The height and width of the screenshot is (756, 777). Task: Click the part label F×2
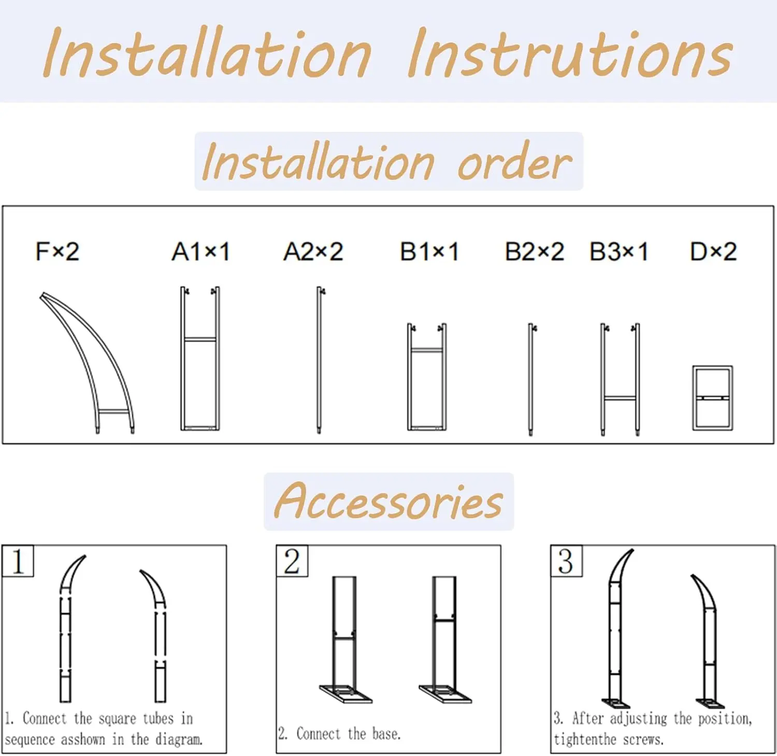point(57,252)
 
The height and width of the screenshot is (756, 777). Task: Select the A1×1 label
point(200,252)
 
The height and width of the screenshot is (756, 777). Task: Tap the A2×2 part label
point(313,252)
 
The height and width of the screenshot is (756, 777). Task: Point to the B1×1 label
point(429,252)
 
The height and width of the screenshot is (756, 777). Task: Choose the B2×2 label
point(534,252)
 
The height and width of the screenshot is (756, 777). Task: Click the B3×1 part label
point(618,252)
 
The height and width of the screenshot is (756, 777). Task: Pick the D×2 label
point(713,252)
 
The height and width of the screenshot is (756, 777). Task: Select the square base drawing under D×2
point(712,398)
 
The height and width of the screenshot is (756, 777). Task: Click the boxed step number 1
point(18,561)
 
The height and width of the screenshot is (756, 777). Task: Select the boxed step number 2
point(292,561)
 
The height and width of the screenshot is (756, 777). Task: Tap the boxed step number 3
point(566,561)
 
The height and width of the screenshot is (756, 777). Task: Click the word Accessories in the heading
point(388,502)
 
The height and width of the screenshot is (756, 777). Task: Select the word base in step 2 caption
point(386,734)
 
